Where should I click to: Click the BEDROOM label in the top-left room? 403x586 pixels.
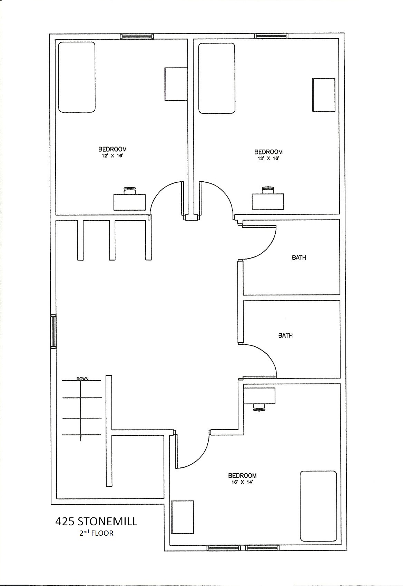click(x=112, y=149)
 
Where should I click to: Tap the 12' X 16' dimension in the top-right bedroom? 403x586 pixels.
click(x=268, y=158)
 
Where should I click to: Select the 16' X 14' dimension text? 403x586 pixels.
click(x=242, y=482)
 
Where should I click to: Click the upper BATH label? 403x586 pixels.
click(x=299, y=258)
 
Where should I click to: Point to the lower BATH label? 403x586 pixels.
click(x=285, y=335)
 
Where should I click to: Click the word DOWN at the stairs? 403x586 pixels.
click(x=82, y=378)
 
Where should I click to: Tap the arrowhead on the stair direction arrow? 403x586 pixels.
click(x=80, y=438)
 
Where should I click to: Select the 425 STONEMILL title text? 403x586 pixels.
click(x=96, y=522)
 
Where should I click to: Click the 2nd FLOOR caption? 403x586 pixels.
click(x=96, y=533)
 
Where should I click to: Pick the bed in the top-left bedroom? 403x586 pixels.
click(x=77, y=77)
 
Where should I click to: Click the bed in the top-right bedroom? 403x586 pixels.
click(x=217, y=78)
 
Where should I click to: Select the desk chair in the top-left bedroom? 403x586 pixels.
click(x=130, y=190)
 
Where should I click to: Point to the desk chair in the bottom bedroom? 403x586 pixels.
click(x=259, y=407)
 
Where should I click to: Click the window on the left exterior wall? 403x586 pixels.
click(x=53, y=331)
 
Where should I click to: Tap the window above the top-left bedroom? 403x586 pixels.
click(x=136, y=36)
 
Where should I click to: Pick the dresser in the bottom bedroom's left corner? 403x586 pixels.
click(x=182, y=521)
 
